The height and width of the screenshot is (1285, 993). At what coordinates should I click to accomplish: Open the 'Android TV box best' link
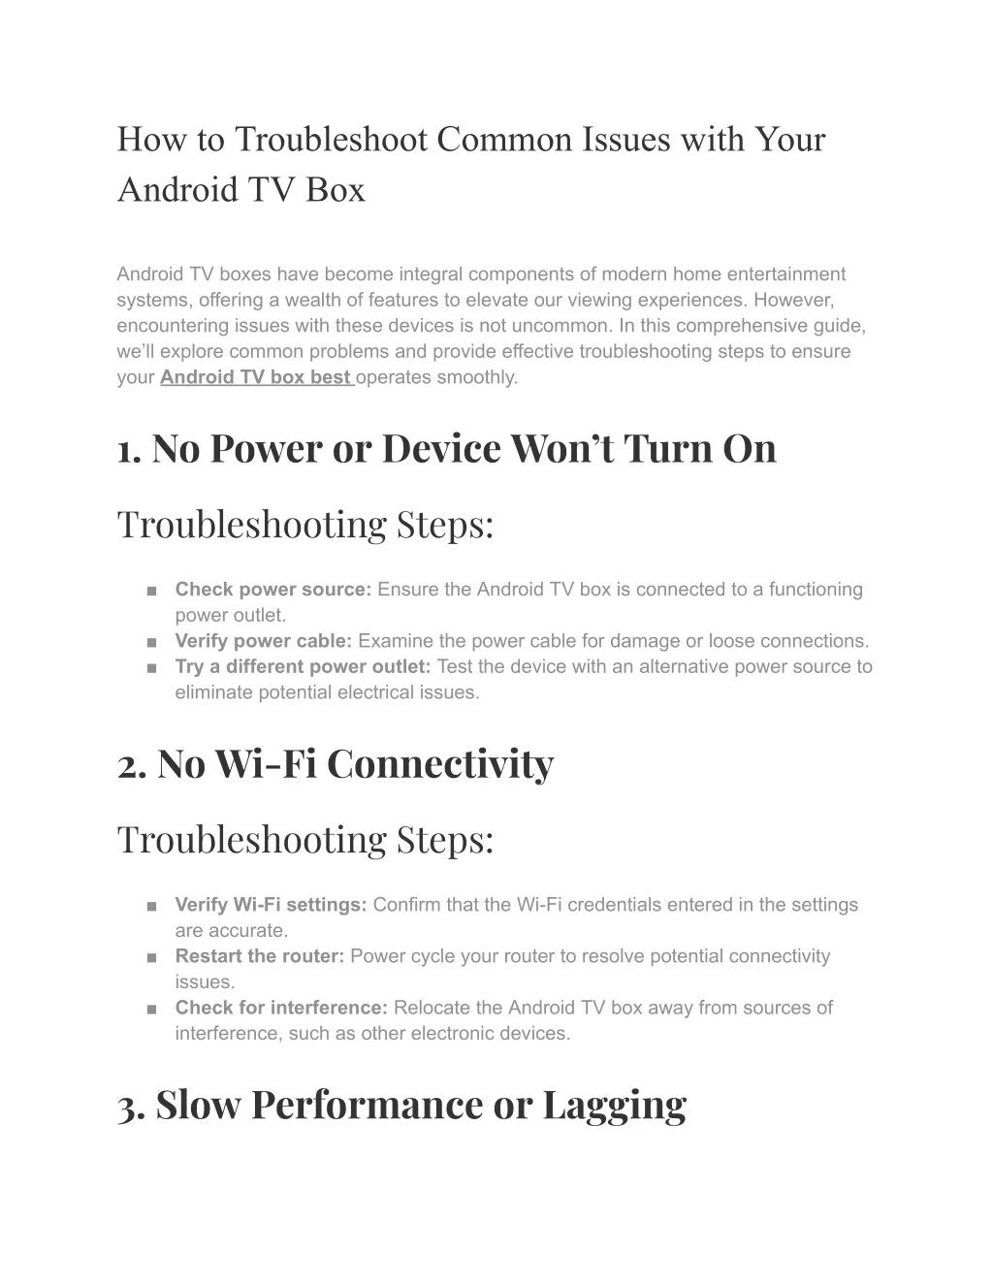pos(255,377)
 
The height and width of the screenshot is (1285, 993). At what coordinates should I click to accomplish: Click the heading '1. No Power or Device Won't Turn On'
pos(446,449)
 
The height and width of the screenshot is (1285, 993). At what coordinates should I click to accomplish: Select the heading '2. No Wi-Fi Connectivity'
pos(335,764)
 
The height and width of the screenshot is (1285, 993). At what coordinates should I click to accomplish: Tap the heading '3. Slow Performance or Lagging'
pos(401,1105)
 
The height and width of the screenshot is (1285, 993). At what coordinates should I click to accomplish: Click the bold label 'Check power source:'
pos(273,590)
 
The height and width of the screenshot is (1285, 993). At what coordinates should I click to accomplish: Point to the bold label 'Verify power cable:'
pos(264,641)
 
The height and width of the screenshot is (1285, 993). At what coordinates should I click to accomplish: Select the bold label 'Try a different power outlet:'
pos(303,667)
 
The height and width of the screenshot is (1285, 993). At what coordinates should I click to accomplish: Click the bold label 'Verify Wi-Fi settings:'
pos(271,905)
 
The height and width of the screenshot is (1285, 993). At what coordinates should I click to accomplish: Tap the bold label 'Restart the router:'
pos(260,956)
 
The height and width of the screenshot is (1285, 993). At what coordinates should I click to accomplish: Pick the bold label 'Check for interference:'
pos(281,1008)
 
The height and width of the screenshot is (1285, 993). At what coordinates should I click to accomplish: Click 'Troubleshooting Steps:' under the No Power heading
pos(305,525)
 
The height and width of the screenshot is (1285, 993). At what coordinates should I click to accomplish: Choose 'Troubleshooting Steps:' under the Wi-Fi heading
pos(305,840)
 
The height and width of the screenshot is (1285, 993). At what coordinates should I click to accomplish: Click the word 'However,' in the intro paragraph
pos(793,300)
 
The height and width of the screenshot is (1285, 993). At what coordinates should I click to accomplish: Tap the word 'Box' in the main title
pos(336,189)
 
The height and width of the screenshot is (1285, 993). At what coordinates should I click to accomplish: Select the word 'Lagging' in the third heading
pos(614,1105)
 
